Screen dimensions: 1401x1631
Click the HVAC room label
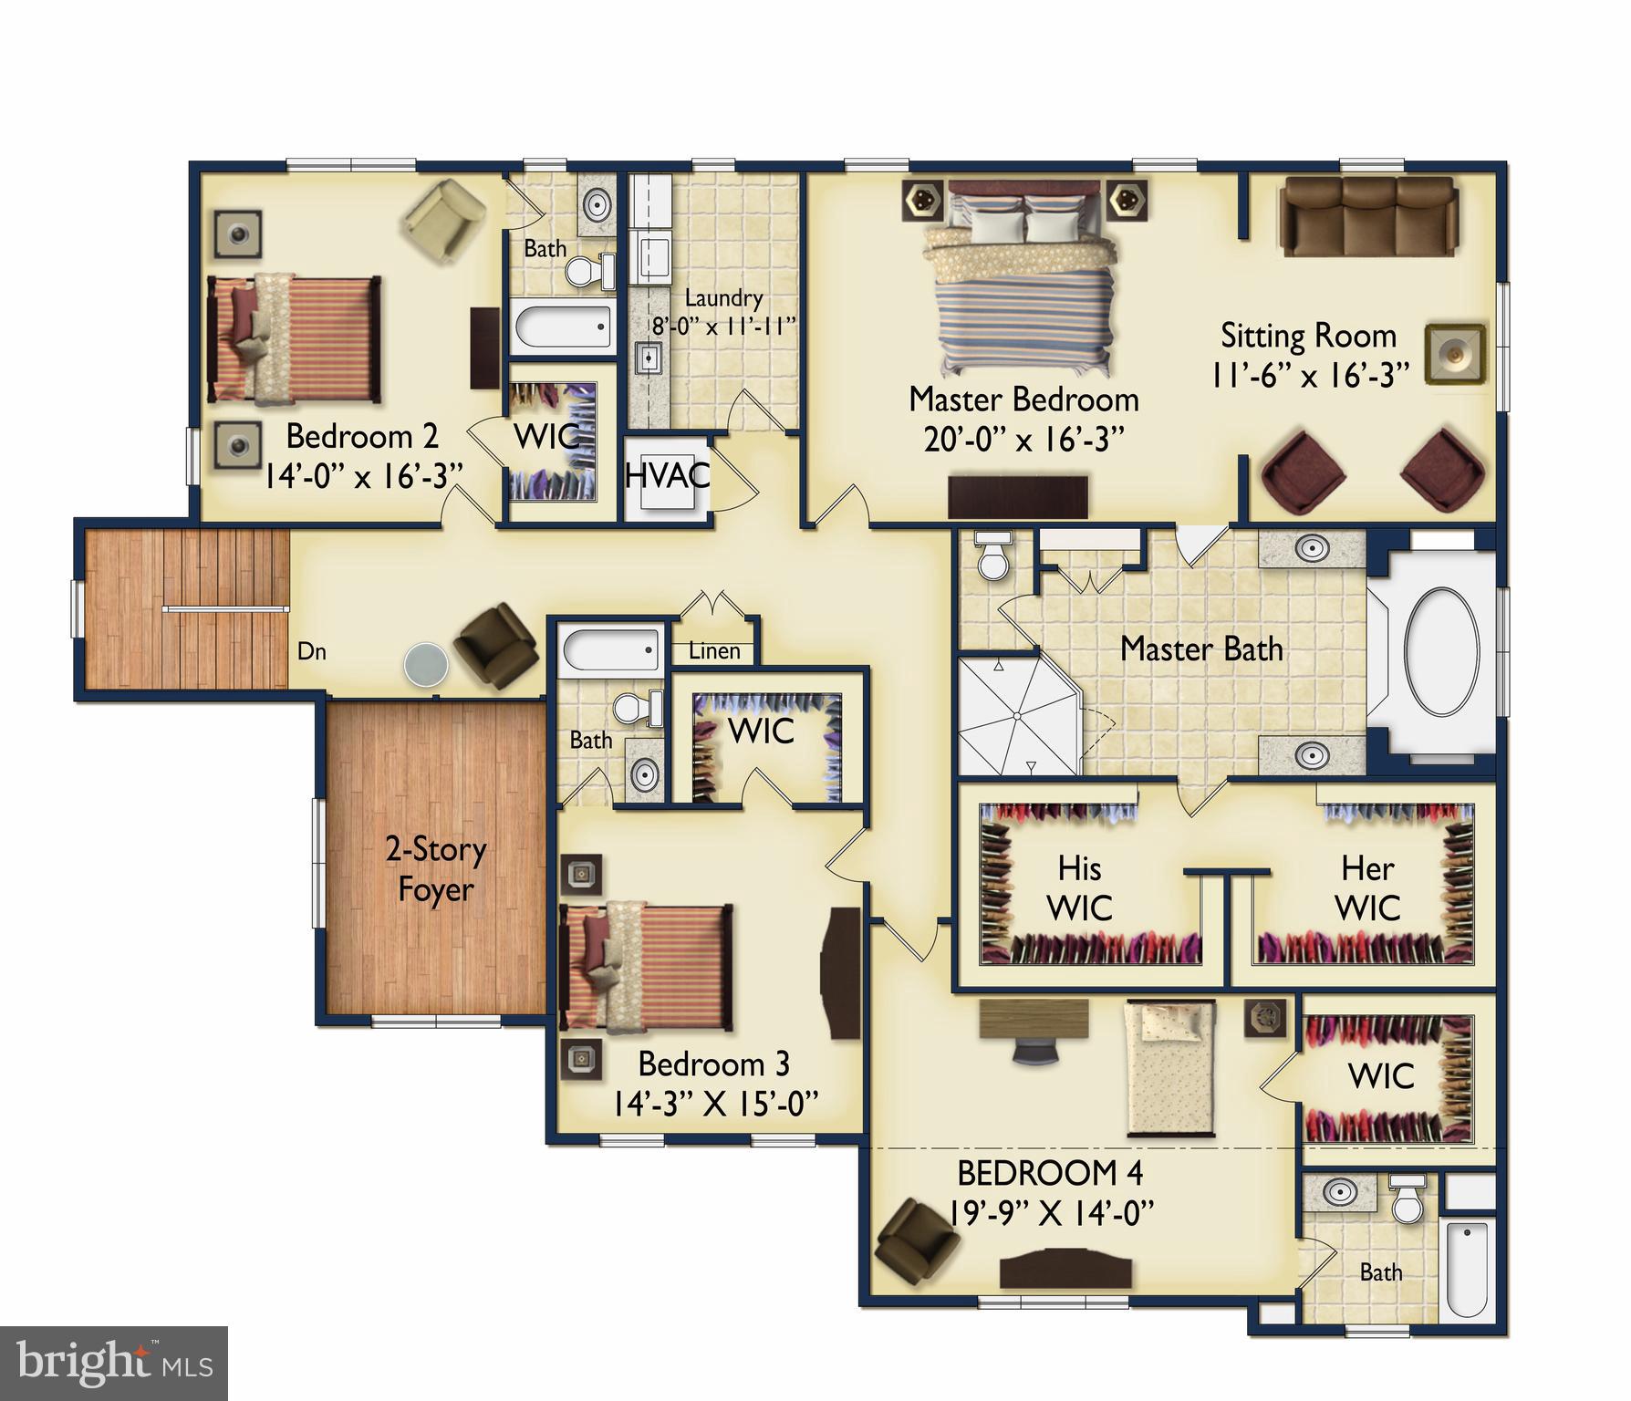coord(667,475)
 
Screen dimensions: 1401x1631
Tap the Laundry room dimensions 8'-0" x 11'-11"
coord(724,326)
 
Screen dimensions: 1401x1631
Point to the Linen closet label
coord(713,651)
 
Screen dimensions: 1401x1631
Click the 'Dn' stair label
coord(312,651)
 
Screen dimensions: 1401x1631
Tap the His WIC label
coord(1079,887)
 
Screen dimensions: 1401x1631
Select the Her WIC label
coord(1367,887)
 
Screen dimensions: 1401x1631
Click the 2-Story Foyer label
coord(436,869)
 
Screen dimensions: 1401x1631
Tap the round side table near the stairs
coord(426,663)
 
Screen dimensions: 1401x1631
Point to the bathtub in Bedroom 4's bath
coord(1467,1269)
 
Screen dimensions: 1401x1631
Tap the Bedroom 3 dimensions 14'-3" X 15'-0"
coord(714,1105)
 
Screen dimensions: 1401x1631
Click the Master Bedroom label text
coord(1023,400)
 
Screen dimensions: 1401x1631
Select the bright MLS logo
coord(113,1363)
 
